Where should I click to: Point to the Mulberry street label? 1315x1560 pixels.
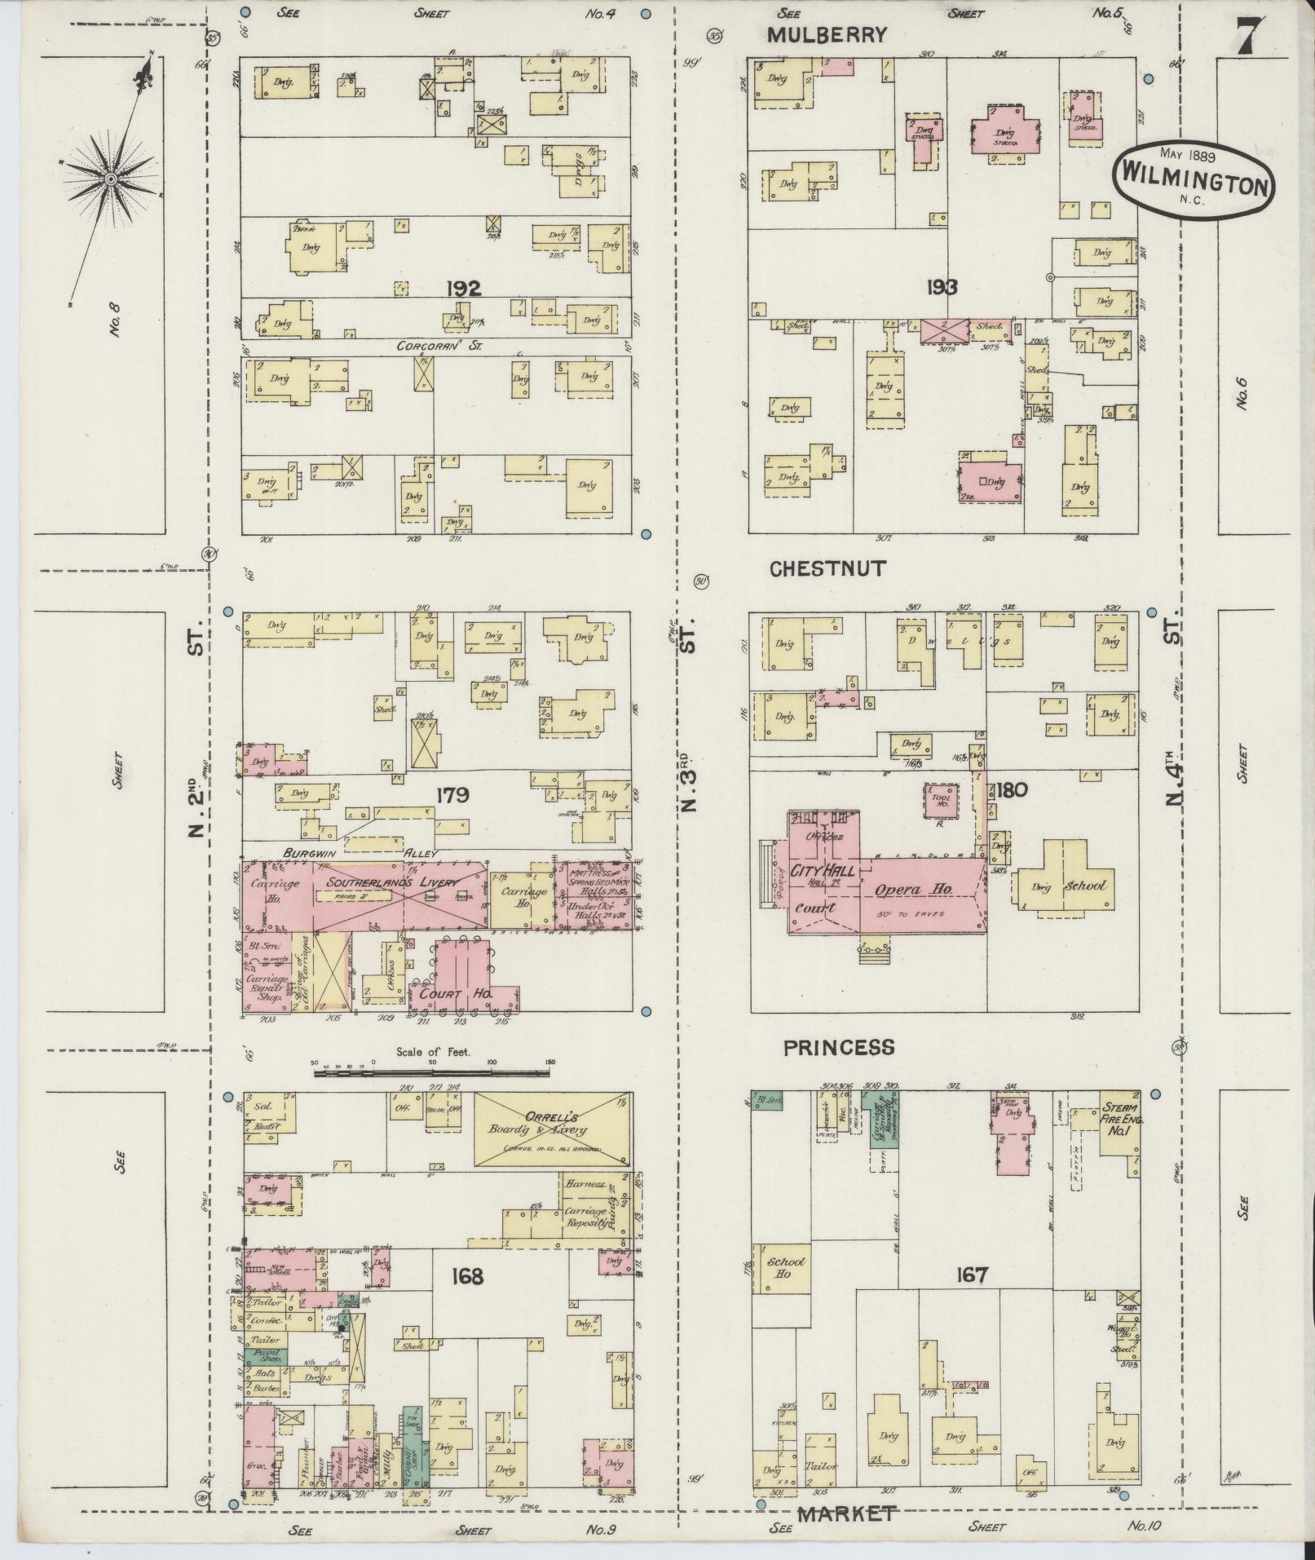tap(827, 35)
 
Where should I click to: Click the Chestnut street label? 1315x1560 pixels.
tap(827, 569)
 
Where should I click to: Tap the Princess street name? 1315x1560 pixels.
tap(839, 1047)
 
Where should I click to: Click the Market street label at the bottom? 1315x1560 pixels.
tap(846, 1514)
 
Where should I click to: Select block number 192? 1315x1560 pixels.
tap(464, 287)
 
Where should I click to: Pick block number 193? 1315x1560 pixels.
tap(942, 287)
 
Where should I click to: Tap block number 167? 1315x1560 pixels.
tap(973, 1274)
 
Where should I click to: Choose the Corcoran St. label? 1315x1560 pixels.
tap(439, 346)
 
